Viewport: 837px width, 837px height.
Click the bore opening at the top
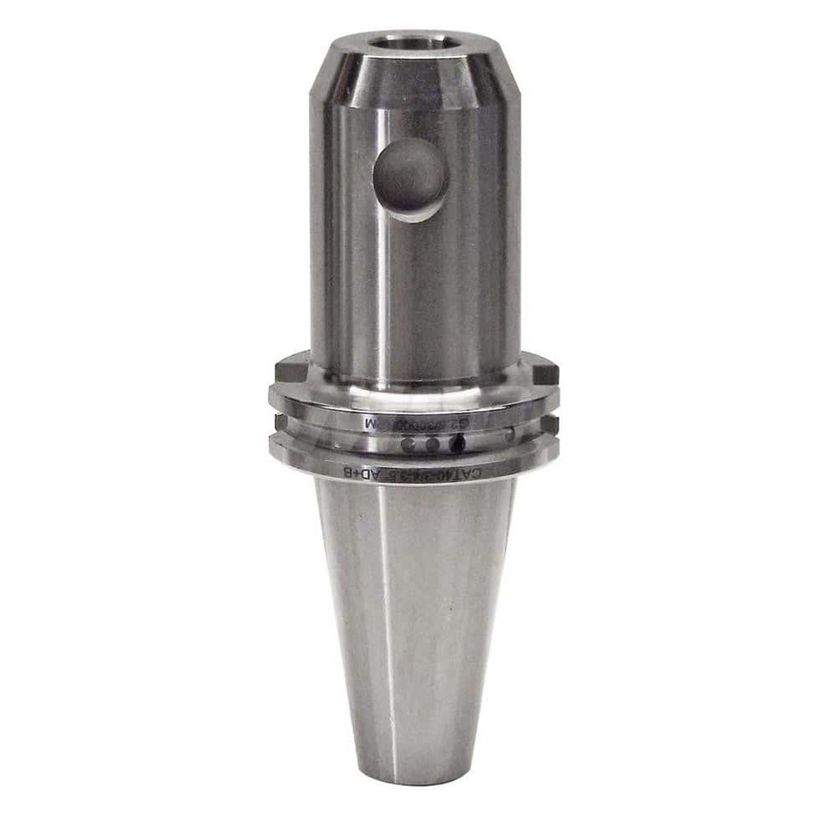(x=410, y=40)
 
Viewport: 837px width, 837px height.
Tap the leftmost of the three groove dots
(x=408, y=445)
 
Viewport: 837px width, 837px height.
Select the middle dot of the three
(x=432, y=445)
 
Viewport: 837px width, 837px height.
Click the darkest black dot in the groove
(x=457, y=444)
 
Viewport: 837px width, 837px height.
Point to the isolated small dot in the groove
(x=511, y=434)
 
